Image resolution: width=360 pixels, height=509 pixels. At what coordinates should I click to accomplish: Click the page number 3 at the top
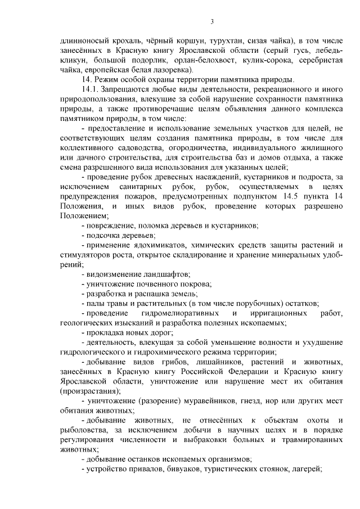coord(212,21)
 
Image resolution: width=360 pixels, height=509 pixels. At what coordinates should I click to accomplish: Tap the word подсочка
coord(103,235)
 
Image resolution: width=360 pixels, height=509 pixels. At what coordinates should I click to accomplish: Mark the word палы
coord(96,303)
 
